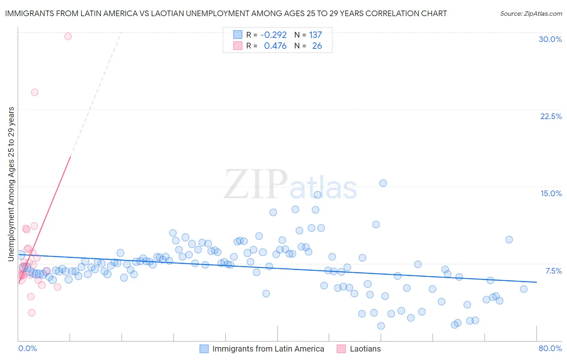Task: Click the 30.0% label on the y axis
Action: click(x=550, y=39)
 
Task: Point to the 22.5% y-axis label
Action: click(x=551, y=116)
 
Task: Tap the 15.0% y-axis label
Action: click(x=551, y=193)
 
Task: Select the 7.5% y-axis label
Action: click(x=553, y=271)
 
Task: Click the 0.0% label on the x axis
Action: click(x=27, y=348)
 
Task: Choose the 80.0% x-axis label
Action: click(x=550, y=348)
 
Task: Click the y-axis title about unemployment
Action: click(x=11, y=184)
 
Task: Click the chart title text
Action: click(x=226, y=13)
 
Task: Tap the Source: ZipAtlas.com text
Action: click(x=531, y=13)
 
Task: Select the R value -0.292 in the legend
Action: click(x=273, y=35)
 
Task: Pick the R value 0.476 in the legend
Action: click(x=275, y=46)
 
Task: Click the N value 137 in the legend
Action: click(x=315, y=35)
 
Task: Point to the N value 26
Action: click(x=317, y=46)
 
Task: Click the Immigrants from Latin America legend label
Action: click(x=268, y=349)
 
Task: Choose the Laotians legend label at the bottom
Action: click(x=365, y=349)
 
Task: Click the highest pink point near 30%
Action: click(x=68, y=36)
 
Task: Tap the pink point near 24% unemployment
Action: click(x=35, y=92)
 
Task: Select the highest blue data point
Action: click(x=383, y=183)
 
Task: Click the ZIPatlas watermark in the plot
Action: click(x=290, y=185)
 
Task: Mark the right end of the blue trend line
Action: click(x=536, y=282)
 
